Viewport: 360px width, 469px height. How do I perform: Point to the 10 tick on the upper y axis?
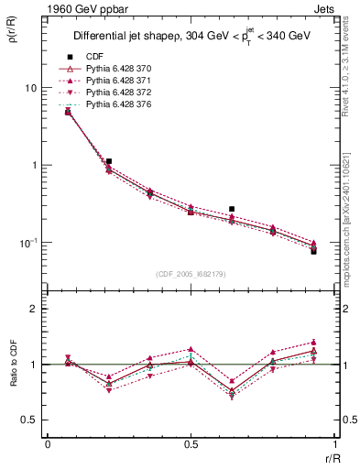30,88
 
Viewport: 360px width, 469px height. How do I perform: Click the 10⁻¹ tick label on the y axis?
28,243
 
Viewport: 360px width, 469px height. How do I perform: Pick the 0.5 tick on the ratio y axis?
31,420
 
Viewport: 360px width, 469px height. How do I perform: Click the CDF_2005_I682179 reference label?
191,274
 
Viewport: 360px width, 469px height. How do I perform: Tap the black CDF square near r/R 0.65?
232,209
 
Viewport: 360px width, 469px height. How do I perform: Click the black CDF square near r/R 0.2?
109,161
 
